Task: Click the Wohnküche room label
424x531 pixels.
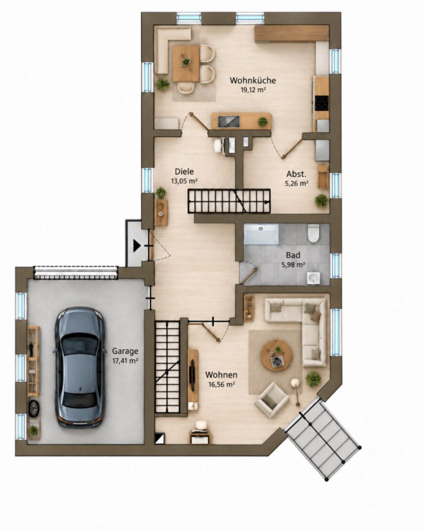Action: (x=253, y=81)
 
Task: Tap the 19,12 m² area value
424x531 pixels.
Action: (x=253, y=90)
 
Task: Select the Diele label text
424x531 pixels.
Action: (x=184, y=171)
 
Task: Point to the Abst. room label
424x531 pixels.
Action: (x=296, y=174)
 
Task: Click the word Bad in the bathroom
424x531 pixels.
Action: (x=293, y=255)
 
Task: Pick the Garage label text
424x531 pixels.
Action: (x=125, y=352)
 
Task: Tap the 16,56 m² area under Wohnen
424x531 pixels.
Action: (x=221, y=384)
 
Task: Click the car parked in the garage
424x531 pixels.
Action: (x=79, y=367)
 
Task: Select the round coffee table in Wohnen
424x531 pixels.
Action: (x=277, y=356)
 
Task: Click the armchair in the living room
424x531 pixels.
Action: (x=272, y=400)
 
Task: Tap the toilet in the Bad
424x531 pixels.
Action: (x=314, y=233)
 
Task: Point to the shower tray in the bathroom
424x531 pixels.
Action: (x=261, y=234)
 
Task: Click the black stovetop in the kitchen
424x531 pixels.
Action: (x=322, y=103)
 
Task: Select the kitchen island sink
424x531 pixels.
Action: (x=229, y=121)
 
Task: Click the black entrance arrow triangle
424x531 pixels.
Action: (x=136, y=246)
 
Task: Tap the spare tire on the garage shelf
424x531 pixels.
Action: (x=34, y=409)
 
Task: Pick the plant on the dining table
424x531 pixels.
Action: (x=185, y=61)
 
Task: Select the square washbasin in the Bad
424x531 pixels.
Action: (x=314, y=278)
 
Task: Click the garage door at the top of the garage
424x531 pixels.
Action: (x=76, y=273)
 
